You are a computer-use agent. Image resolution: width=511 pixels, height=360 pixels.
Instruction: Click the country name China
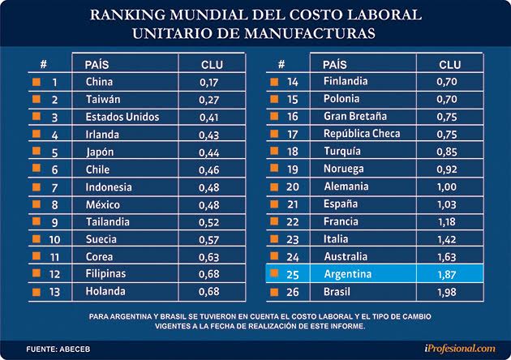point(98,82)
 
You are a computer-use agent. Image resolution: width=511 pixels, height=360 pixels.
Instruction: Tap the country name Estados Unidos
point(122,117)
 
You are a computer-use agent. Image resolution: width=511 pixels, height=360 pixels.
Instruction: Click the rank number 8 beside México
point(54,205)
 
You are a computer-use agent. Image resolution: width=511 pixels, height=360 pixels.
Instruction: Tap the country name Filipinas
point(106,275)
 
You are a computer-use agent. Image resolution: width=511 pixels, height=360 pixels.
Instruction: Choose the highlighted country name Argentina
point(347,274)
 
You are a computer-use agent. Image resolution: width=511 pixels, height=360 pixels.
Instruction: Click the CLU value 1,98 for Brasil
point(448,292)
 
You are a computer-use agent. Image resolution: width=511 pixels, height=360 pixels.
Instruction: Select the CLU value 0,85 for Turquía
point(448,152)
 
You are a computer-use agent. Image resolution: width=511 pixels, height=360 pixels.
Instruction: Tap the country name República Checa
point(362,134)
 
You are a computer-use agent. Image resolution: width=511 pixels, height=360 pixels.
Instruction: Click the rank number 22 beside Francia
point(293,221)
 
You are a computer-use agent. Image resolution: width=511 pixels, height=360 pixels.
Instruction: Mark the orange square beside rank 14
point(273,82)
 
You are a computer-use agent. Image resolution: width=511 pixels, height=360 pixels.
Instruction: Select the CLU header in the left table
point(212,64)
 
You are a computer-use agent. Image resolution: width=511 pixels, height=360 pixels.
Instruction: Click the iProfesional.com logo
point(459,347)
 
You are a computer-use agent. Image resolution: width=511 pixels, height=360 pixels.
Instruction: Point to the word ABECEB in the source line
point(73,347)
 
